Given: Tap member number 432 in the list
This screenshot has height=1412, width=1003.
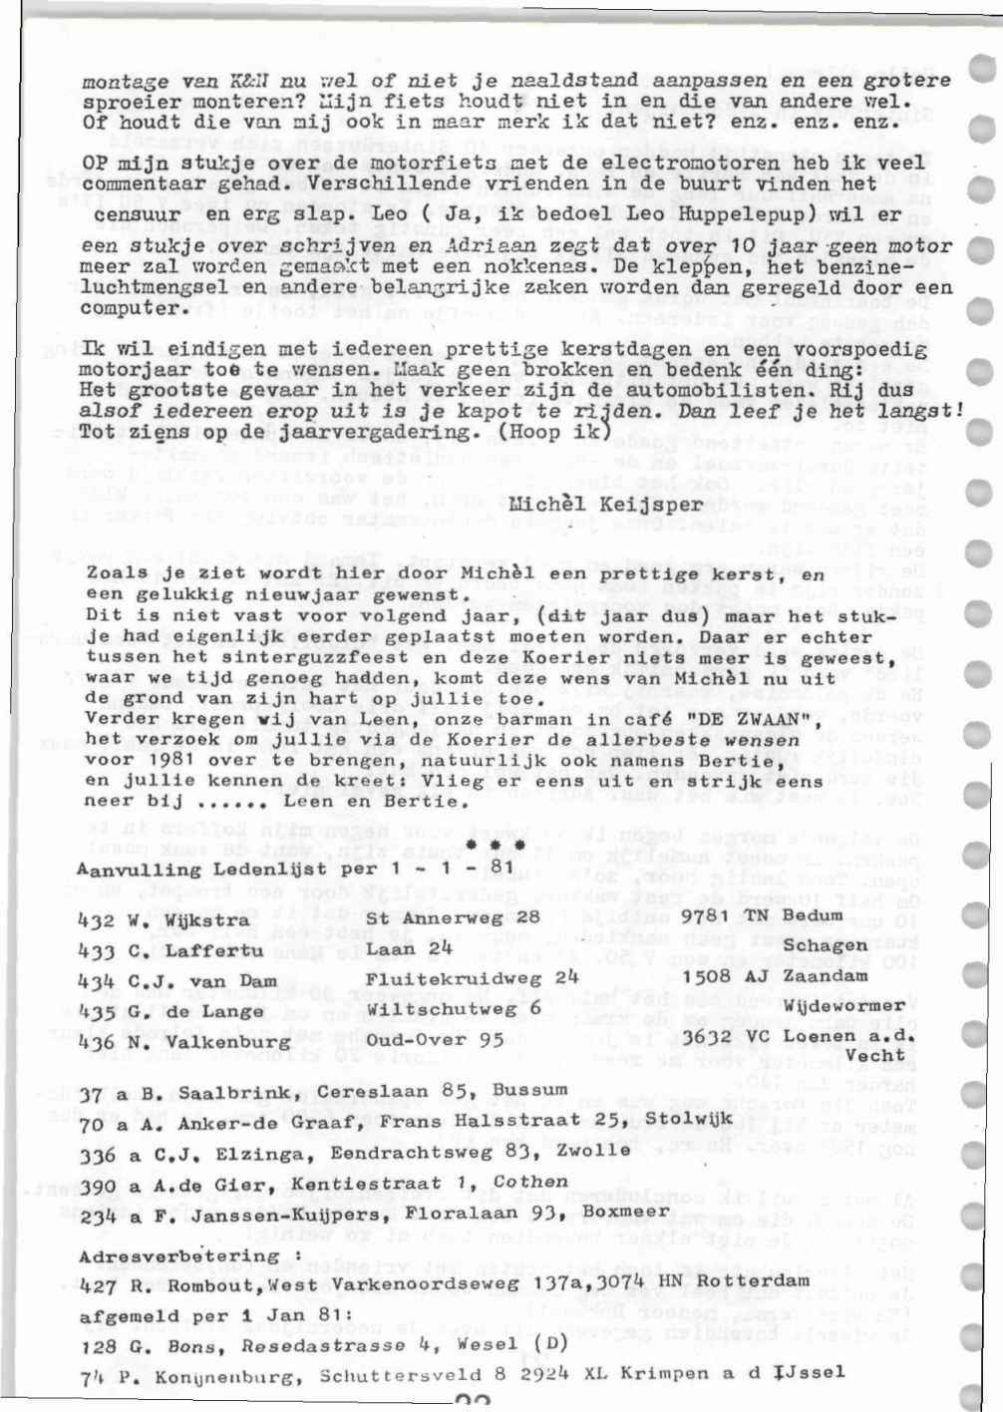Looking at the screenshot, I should tap(96, 920).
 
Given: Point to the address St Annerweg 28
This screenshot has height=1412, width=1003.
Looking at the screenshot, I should tap(452, 917).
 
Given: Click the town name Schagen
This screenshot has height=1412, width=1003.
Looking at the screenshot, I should tap(825, 945).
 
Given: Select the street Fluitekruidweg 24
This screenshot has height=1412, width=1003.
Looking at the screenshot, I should tap(471, 979).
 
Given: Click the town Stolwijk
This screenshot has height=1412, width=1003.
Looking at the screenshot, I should tap(688, 1118).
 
